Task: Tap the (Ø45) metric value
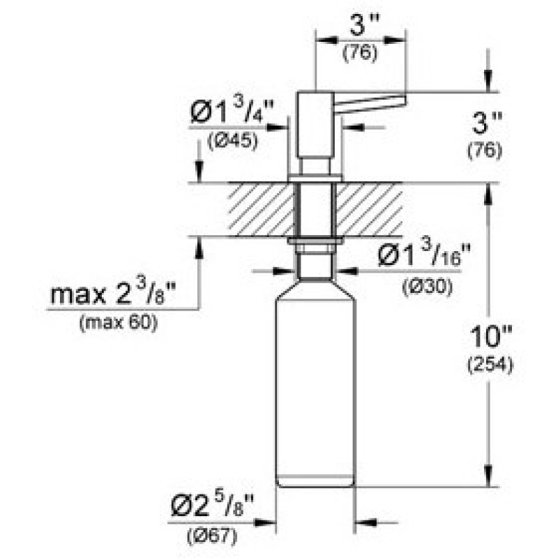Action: tap(232, 142)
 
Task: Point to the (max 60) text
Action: tap(118, 323)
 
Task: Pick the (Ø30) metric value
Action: tap(427, 287)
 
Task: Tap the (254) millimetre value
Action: tap(490, 365)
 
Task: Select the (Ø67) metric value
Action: tap(212, 536)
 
